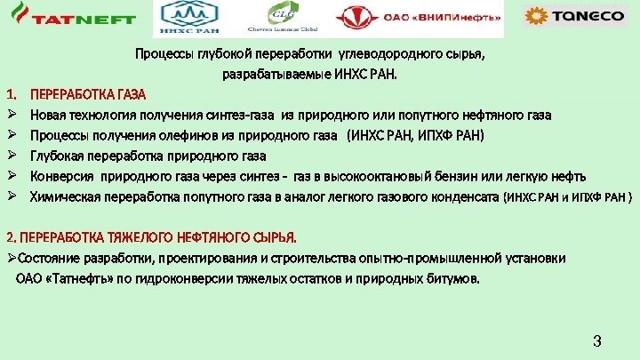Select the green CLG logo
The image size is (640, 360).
click(x=284, y=18)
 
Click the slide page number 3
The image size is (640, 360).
click(x=597, y=341)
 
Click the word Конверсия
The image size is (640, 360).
click(x=61, y=175)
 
